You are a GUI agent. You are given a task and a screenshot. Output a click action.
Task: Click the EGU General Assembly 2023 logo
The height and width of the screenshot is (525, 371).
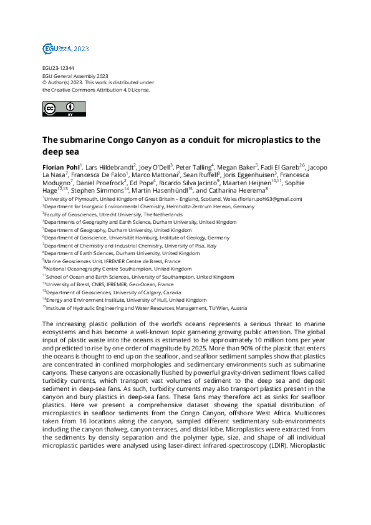coord(65,48)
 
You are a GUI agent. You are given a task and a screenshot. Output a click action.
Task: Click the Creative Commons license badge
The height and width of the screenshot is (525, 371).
coord(64,108)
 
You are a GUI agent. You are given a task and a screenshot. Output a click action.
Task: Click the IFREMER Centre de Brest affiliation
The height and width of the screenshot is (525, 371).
coord(113,261)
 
